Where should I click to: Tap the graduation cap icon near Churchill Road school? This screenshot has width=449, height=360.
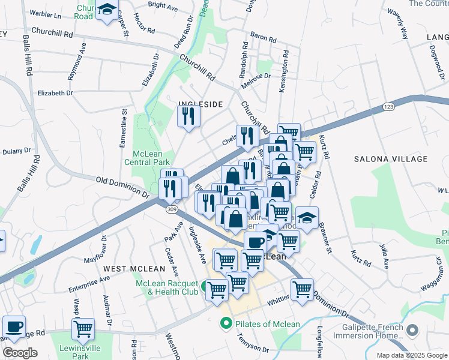pos(107,10)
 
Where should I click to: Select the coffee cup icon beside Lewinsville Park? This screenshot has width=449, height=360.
pos(14,327)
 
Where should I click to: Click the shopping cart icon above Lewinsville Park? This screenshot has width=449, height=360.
pos(83,329)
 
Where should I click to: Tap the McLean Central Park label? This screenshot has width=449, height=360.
pos(148,157)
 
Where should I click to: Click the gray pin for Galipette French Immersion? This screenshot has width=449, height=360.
pos(412,330)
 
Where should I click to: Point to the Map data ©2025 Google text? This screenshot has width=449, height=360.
pos(412,355)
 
